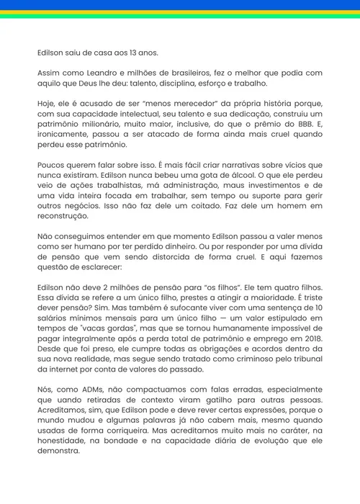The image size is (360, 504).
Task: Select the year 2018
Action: point(311,344)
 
